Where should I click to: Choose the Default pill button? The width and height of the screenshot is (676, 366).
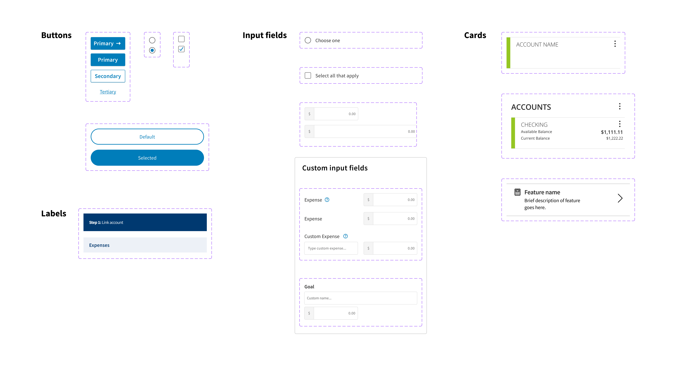pyautogui.click(x=147, y=137)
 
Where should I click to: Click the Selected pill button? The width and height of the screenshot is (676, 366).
pyautogui.click(x=147, y=158)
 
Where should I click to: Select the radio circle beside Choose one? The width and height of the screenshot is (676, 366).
pyautogui.click(x=308, y=40)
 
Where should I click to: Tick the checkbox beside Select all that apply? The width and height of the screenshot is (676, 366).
pyautogui.click(x=308, y=75)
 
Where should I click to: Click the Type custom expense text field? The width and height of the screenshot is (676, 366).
pyautogui.click(x=331, y=248)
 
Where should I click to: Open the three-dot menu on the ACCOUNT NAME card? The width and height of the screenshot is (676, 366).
pyautogui.click(x=615, y=44)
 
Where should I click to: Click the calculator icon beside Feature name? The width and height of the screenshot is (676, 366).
pyautogui.click(x=517, y=192)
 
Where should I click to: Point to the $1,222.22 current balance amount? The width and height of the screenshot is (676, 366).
pyautogui.click(x=614, y=138)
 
